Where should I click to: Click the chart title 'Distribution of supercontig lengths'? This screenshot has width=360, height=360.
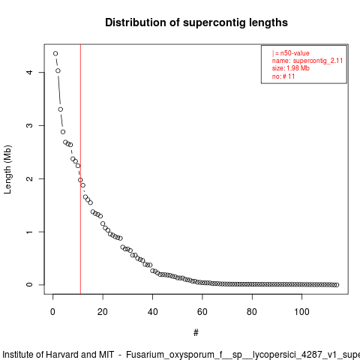pyautogui.click(x=196, y=22)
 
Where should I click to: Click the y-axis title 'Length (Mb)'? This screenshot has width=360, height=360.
pyautogui.click(x=7, y=169)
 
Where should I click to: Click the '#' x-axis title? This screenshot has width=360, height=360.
pyautogui.click(x=196, y=333)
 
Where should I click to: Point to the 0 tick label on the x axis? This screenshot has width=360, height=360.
pyautogui.click(x=52, y=312)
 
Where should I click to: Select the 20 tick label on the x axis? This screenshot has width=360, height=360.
pyautogui.click(x=103, y=312)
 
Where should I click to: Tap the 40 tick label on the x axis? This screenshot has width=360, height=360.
pyautogui.click(x=152, y=312)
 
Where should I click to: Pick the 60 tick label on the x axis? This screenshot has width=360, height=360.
pyautogui.click(x=202, y=312)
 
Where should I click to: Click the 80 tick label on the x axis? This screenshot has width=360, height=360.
pyautogui.click(x=252, y=312)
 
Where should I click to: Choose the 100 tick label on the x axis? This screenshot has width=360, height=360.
pyautogui.click(x=301, y=312)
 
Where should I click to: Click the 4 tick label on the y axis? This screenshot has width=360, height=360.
pyautogui.click(x=29, y=72)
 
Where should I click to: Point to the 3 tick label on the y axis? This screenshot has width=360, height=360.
pyautogui.click(x=29, y=125)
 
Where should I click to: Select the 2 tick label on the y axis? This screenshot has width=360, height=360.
pyautogui.click(x=29, y=178)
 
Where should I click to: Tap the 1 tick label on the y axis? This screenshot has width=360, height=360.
pyautogui.click(x=29, y=232)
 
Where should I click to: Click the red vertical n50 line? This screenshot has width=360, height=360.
pyautogui.click(x=80, y=169)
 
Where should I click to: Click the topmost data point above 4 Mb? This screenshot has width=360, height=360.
pyautogui.click(x=55, y=53)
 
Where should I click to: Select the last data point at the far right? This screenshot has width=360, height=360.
pyautogui.click(x=337, y=285)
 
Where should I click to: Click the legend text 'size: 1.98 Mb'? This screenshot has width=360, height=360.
pyautogui.click(x=291, y=68)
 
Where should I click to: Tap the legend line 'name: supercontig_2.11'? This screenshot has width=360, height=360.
pyautogui.click(x=307, y=61)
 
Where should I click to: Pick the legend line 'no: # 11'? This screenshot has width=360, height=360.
pyautogui.click(x=283, y=76)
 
